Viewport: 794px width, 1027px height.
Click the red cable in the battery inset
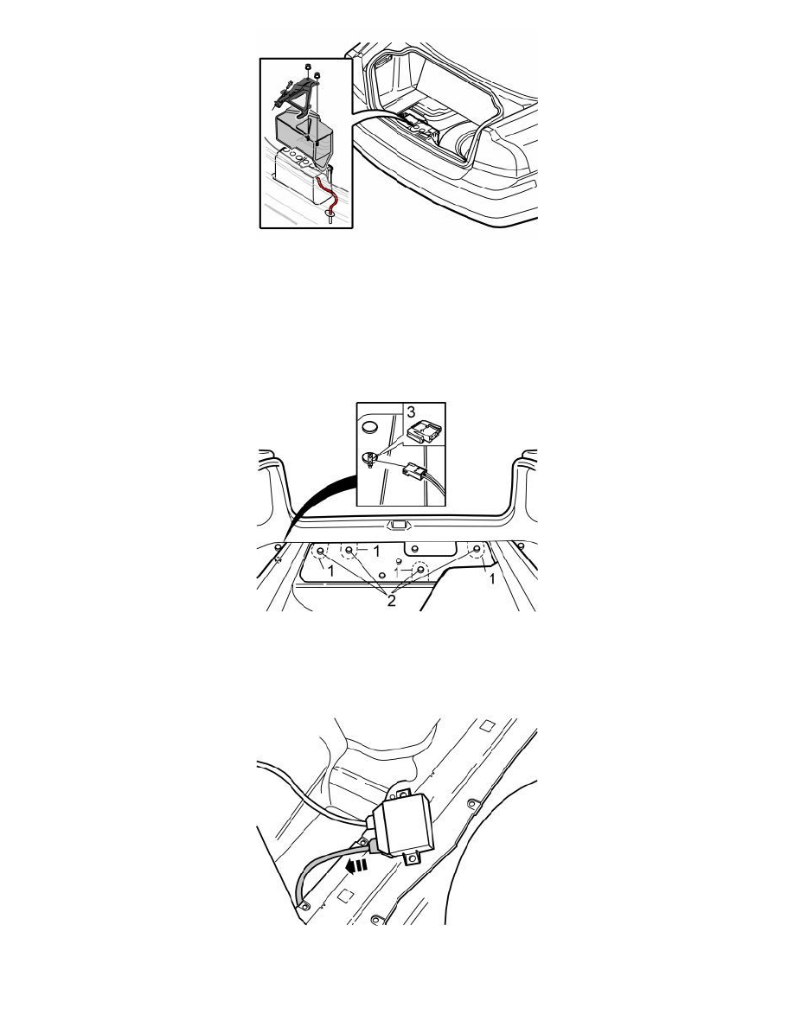click(328, 195)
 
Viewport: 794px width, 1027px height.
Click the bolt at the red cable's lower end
click(330, 216)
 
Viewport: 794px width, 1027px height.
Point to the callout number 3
click(411, 412)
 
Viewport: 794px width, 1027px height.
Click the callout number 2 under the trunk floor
click(391, 601)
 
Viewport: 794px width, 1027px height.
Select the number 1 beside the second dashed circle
click(376, 552)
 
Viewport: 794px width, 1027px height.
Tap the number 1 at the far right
click(492, 578)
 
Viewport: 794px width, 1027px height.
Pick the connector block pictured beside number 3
click(423, 431)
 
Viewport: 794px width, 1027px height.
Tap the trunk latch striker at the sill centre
click(396, 525)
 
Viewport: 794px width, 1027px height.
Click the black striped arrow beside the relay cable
click(356, 865)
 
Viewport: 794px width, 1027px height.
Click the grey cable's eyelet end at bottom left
click(304, 906)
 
